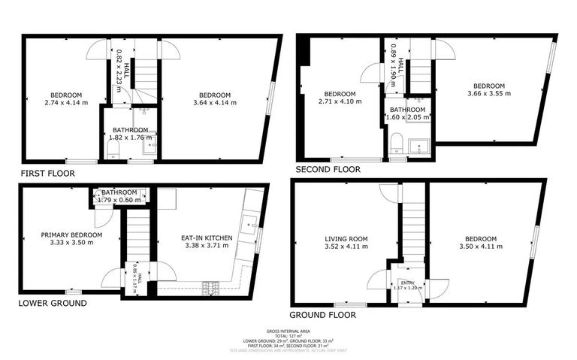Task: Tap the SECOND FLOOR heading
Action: [x=328, y=170]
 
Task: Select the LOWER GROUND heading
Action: [x=52, y=304]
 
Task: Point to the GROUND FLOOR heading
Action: [x=322, y=316]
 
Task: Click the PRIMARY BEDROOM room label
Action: [x=71, y=235]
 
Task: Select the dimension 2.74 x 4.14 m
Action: [x=66, y=102]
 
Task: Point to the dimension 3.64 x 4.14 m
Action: [x=214, y=102]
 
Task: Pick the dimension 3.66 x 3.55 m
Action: [x=488, y=93]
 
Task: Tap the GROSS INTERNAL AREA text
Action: [x=288, y=331]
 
